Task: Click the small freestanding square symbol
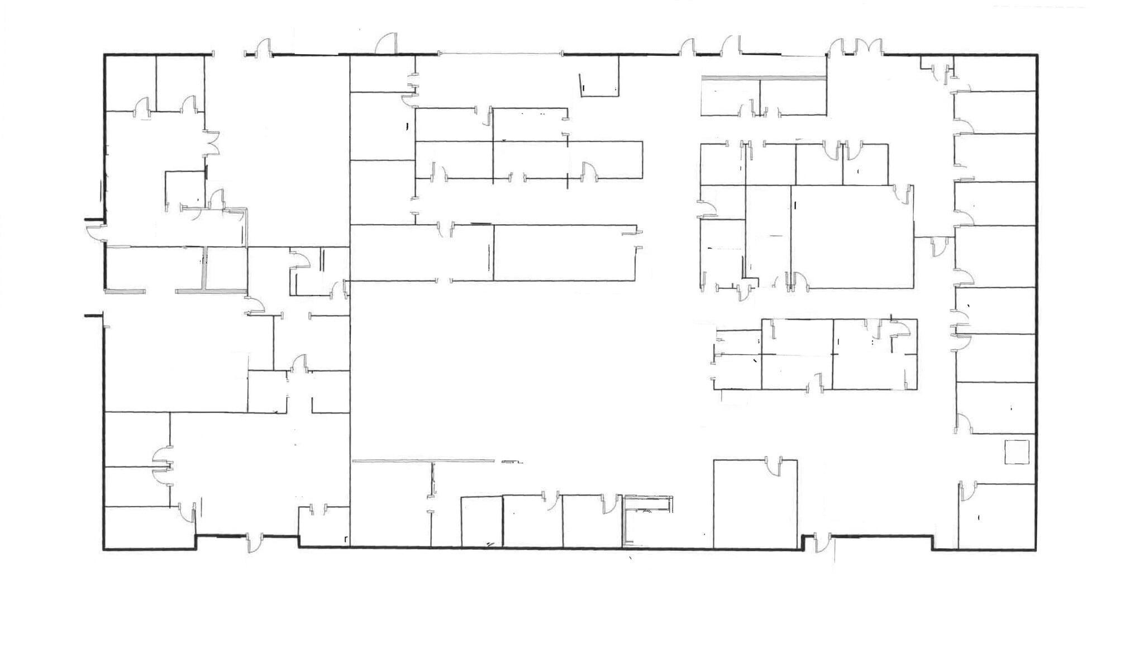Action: (1017, 452)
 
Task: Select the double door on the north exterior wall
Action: (855, 47)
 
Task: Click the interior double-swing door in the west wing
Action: (212, 142)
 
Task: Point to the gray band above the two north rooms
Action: (764, 78)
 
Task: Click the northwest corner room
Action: (130, 83)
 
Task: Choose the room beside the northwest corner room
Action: (180, 83)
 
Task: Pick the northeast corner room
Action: (994, 73)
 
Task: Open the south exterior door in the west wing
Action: (254, 543)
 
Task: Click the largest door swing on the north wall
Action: (386, 44)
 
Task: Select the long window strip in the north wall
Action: (500, 54)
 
